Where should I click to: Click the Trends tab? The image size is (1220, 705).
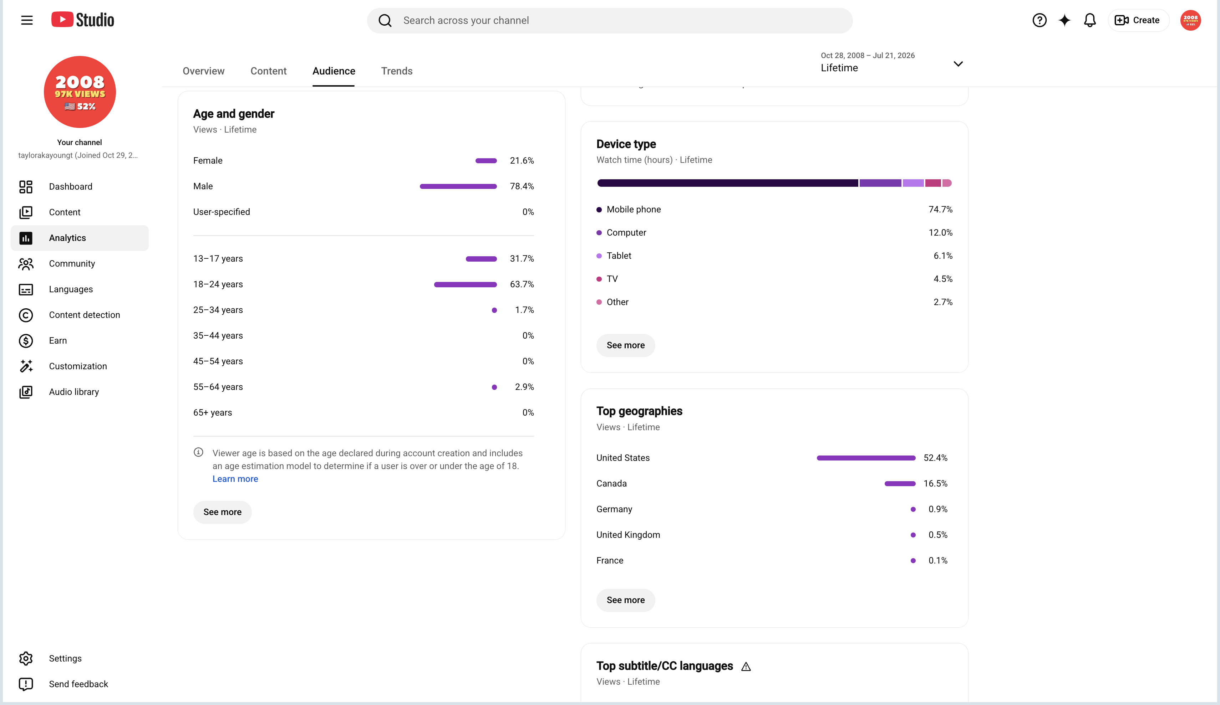[397, 71]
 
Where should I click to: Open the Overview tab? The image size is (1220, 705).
[203, 71]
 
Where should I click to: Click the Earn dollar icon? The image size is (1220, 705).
[26, 341]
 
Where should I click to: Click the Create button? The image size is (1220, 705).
[1138, 20]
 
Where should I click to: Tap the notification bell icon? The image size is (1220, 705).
[1089, 20]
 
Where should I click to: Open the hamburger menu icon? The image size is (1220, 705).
[27, 20]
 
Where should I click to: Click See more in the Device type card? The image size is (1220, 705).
[625, 345]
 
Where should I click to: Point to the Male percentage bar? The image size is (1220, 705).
[458, 186]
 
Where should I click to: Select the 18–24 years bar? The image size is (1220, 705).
[465, 284]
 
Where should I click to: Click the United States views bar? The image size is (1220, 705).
[866, 458]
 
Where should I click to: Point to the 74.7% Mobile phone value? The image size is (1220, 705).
[940, 210]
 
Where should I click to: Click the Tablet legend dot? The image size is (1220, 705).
[599, 256]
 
